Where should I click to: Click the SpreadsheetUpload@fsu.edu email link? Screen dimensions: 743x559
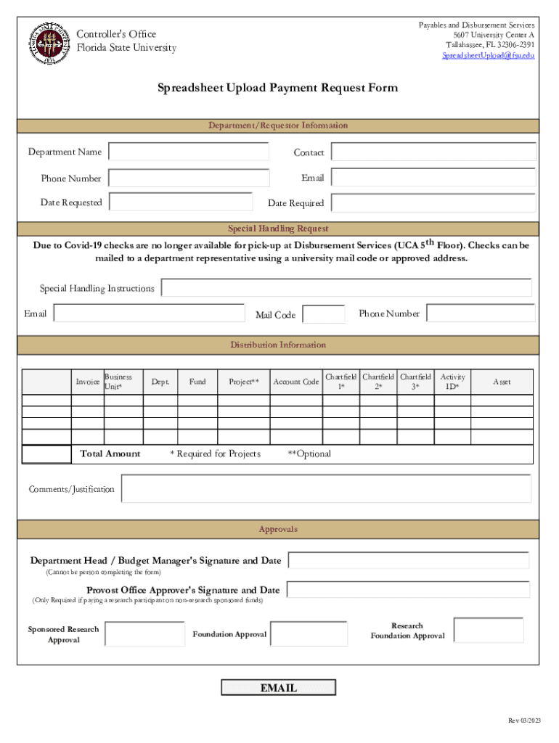[489, 55]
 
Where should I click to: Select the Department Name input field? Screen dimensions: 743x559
[188, 152]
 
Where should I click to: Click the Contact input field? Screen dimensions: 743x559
[433, 152]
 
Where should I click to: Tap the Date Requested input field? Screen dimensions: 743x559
[180, 202]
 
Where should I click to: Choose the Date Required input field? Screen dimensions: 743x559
[433, 202]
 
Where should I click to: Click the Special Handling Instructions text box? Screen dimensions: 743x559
[346, 288]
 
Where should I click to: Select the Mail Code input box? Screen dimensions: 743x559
[323, 314]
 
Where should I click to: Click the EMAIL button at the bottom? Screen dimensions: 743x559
[279, 688]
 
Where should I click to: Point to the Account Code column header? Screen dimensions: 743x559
[295, 382]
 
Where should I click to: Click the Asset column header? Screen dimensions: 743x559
[502, 382]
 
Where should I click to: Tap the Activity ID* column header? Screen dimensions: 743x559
[453, 382]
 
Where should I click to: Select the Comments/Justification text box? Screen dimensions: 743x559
[326, 488]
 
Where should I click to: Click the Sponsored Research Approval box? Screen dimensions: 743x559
[144, 633]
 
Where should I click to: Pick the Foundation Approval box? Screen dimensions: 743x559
[309, 633]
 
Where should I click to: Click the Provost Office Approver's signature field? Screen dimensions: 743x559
[408, 589]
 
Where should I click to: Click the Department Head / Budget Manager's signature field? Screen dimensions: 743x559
[409, 560]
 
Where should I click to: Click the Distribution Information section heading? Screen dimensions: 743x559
[278, 345]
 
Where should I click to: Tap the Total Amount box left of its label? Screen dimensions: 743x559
[46, 454]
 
